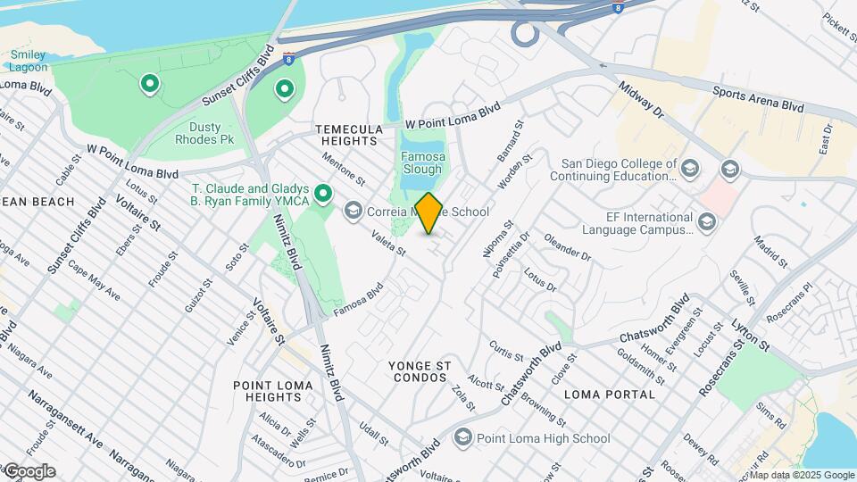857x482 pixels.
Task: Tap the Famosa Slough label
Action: coord(422,162)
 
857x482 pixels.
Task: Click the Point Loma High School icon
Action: coord(462,437)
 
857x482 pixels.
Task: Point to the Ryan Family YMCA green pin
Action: coord(323,193)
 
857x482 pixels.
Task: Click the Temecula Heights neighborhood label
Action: coord(349,135)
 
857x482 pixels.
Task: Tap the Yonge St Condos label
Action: coord(418,371)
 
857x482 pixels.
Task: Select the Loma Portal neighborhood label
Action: coord(610,394)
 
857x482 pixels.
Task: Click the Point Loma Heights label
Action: coord(273,391)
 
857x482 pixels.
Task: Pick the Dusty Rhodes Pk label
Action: coord(202,135)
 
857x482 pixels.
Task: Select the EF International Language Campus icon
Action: coord(707,221)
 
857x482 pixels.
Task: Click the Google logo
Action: coord(29,471)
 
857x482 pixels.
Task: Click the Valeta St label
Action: coord(388,245)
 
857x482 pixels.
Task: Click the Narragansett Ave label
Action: coord(63,420)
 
